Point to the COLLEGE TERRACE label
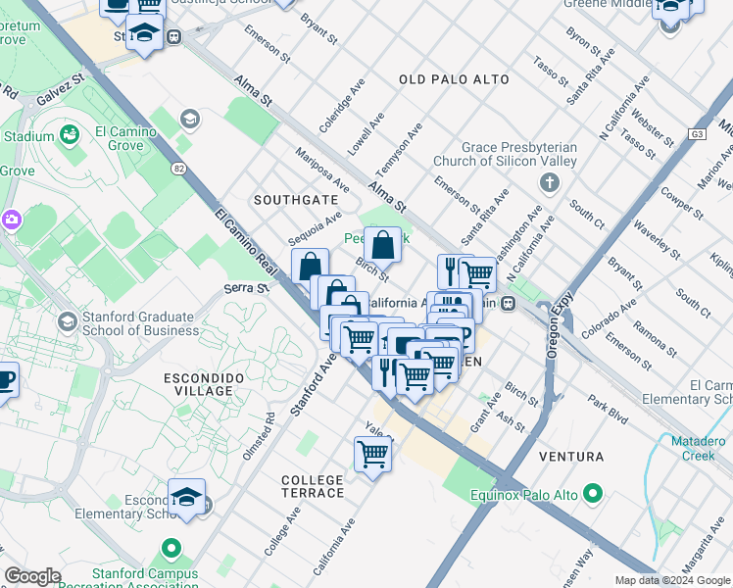(313, 486)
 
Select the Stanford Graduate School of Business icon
(68, 321)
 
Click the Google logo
(32, 575)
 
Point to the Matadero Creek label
(698, 448)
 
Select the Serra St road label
(245, 288)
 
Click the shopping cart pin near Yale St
(373, 455)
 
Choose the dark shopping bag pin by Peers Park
(383, 244)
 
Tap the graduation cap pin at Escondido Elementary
(186, 498)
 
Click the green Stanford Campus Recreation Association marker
(172, 549)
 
